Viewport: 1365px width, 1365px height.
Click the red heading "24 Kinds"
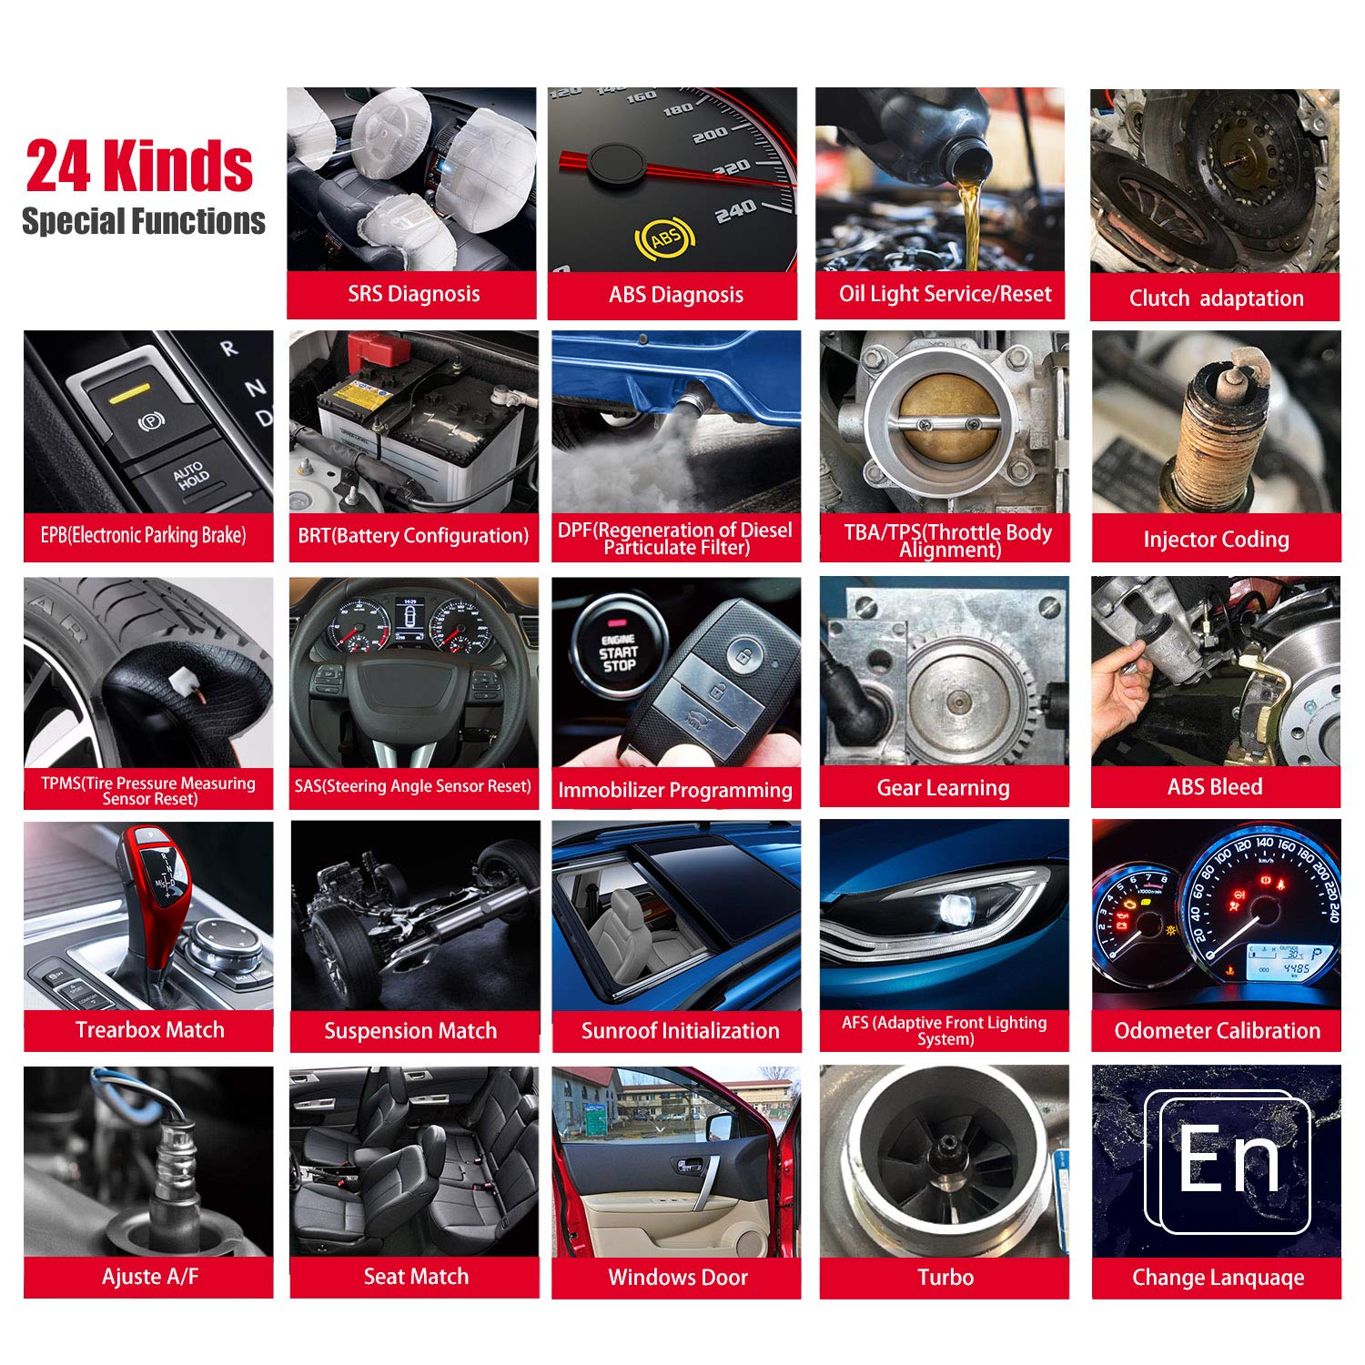coord(139,166)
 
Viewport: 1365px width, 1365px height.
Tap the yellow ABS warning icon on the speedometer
coord(664,238)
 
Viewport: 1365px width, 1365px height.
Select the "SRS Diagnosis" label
coord(414,294)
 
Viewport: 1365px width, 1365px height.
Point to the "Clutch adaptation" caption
coord(1216,298)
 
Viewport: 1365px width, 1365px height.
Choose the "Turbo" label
coord(945,1278)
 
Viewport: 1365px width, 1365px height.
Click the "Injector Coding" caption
coord(1216,540)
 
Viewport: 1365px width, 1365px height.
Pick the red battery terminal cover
coord(378,349)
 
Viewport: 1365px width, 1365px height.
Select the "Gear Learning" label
coord(943,788)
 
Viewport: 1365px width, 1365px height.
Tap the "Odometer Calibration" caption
coord(1217,1031)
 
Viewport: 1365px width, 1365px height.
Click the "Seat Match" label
coord(416,1277)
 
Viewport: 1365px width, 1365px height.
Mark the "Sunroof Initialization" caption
coord(680,1031)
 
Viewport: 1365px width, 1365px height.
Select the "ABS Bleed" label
coord(1215,787)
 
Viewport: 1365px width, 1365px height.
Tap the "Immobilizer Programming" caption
coord(675,791)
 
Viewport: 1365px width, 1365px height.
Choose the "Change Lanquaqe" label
coord(1218,1278)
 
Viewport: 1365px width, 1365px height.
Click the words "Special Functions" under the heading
coord(144,221)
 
